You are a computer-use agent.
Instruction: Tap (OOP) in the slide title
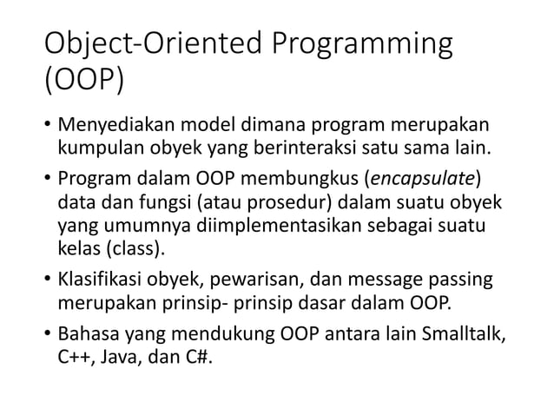click(83, 84)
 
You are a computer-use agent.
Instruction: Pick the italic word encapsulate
click(423, 180)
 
